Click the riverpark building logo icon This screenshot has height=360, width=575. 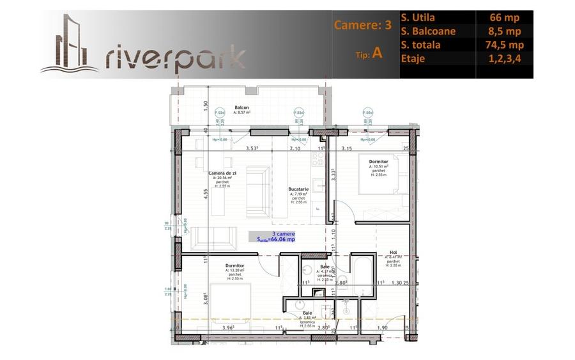click(70, 45)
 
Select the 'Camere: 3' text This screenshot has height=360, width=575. click(362, 26)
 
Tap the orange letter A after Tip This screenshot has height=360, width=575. click(378, 52)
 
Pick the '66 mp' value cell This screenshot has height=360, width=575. click(505, 18)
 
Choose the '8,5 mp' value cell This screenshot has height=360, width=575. click(505, 31)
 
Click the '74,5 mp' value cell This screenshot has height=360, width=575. click(505, 45)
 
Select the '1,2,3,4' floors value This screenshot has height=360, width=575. click(505, 58)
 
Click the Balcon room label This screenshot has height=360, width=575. click(241, 107)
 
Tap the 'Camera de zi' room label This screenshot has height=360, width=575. click(222, 173)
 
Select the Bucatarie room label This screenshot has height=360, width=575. click(298, 189)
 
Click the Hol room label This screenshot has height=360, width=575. click(393, 253)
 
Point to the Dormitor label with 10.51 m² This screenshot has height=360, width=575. click(378, 162)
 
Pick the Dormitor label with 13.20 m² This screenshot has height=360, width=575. click(234, 265)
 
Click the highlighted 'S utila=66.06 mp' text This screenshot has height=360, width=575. click(275, 239)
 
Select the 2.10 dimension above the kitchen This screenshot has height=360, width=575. click(295, 148)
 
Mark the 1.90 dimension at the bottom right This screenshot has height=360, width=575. click(382, 328)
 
